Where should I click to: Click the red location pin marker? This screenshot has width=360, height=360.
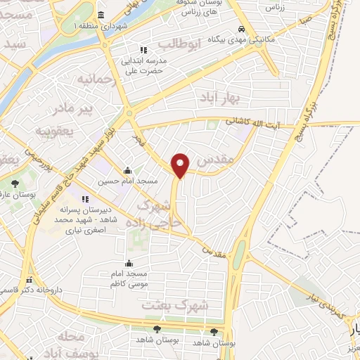pyautogui.click(x=181, y=165)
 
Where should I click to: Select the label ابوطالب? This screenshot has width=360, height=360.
pyautogui.click(x=180, y=44)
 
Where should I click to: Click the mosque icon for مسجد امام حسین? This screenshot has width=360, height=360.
pyautogui.click(x=127, y=170)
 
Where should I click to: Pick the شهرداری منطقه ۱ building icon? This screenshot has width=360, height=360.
pyautogui.click(x=102, y=15)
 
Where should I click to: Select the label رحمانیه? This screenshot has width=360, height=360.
pyautogui.click(x=96, y=77)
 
